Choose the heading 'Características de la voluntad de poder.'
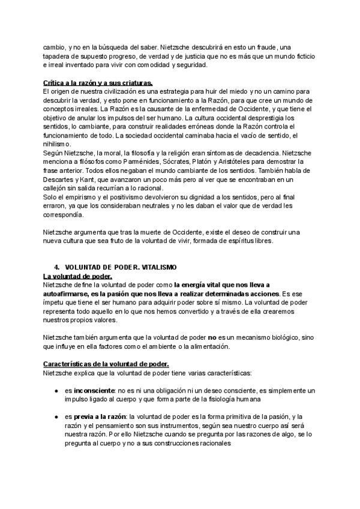pyautogui.click(x=106, y=364)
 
